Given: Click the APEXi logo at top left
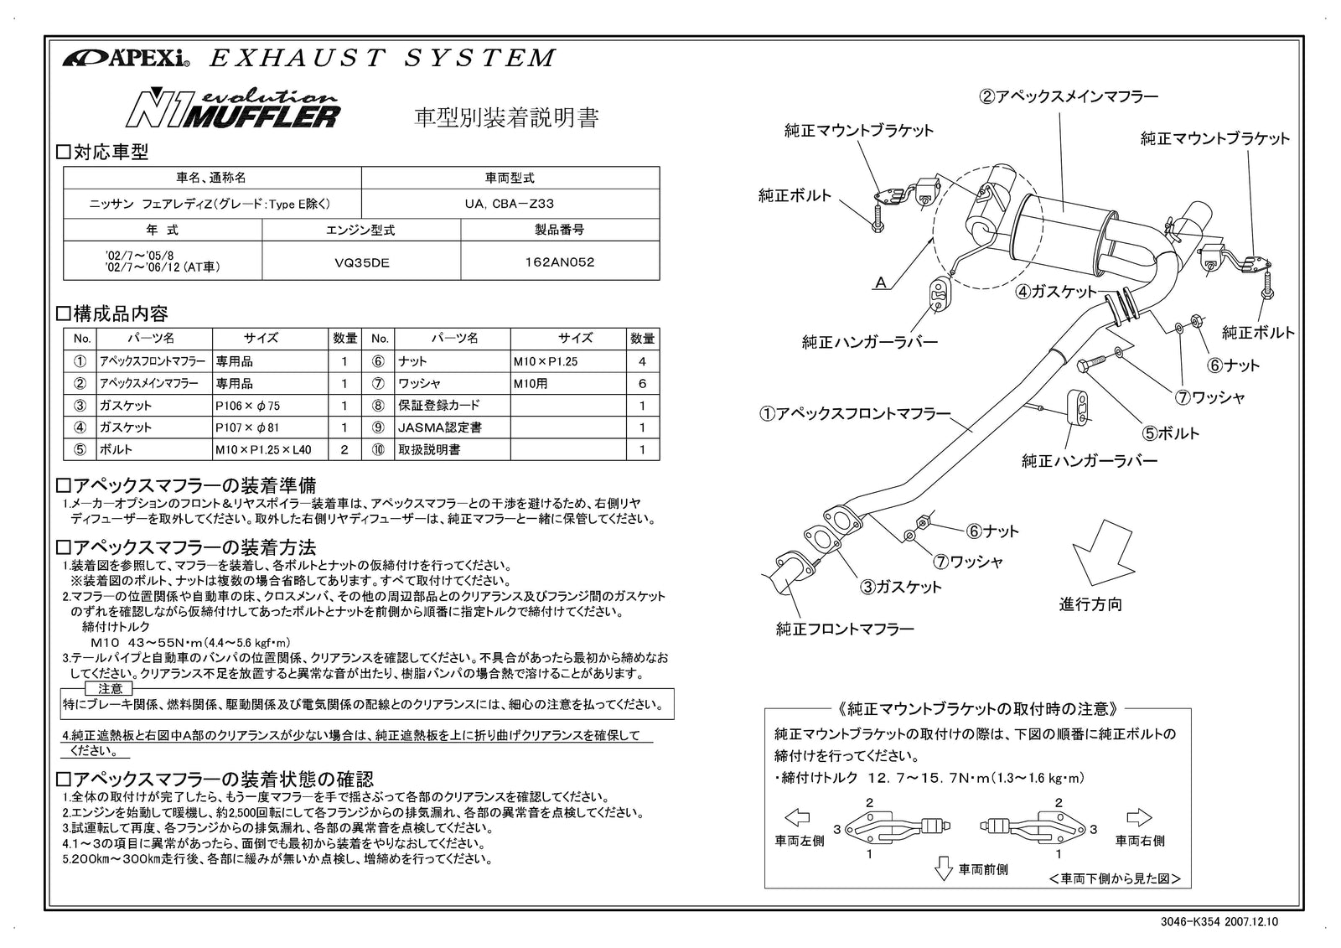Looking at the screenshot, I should pos(127,59).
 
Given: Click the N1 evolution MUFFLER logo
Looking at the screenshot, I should pos(234,109).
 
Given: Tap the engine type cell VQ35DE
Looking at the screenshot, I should pos(361,262).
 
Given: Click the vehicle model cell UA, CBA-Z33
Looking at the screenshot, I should pos(510,204).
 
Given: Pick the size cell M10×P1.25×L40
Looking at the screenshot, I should pos(263,449).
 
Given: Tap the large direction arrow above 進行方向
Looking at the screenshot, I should pos(1104,552).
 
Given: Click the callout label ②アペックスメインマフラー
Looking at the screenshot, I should pos(1069,96).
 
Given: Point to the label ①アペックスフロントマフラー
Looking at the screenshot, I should pos(856,414).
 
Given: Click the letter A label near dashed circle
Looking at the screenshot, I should pos(880,283).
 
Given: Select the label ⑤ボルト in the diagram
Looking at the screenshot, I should pos(1172,433).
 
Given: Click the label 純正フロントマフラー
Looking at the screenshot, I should pos(844,628).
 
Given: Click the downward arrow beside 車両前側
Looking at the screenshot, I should pos(943,867).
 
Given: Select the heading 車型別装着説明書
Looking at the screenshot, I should pos(507,117).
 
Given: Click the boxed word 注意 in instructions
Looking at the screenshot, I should pos(110,688).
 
